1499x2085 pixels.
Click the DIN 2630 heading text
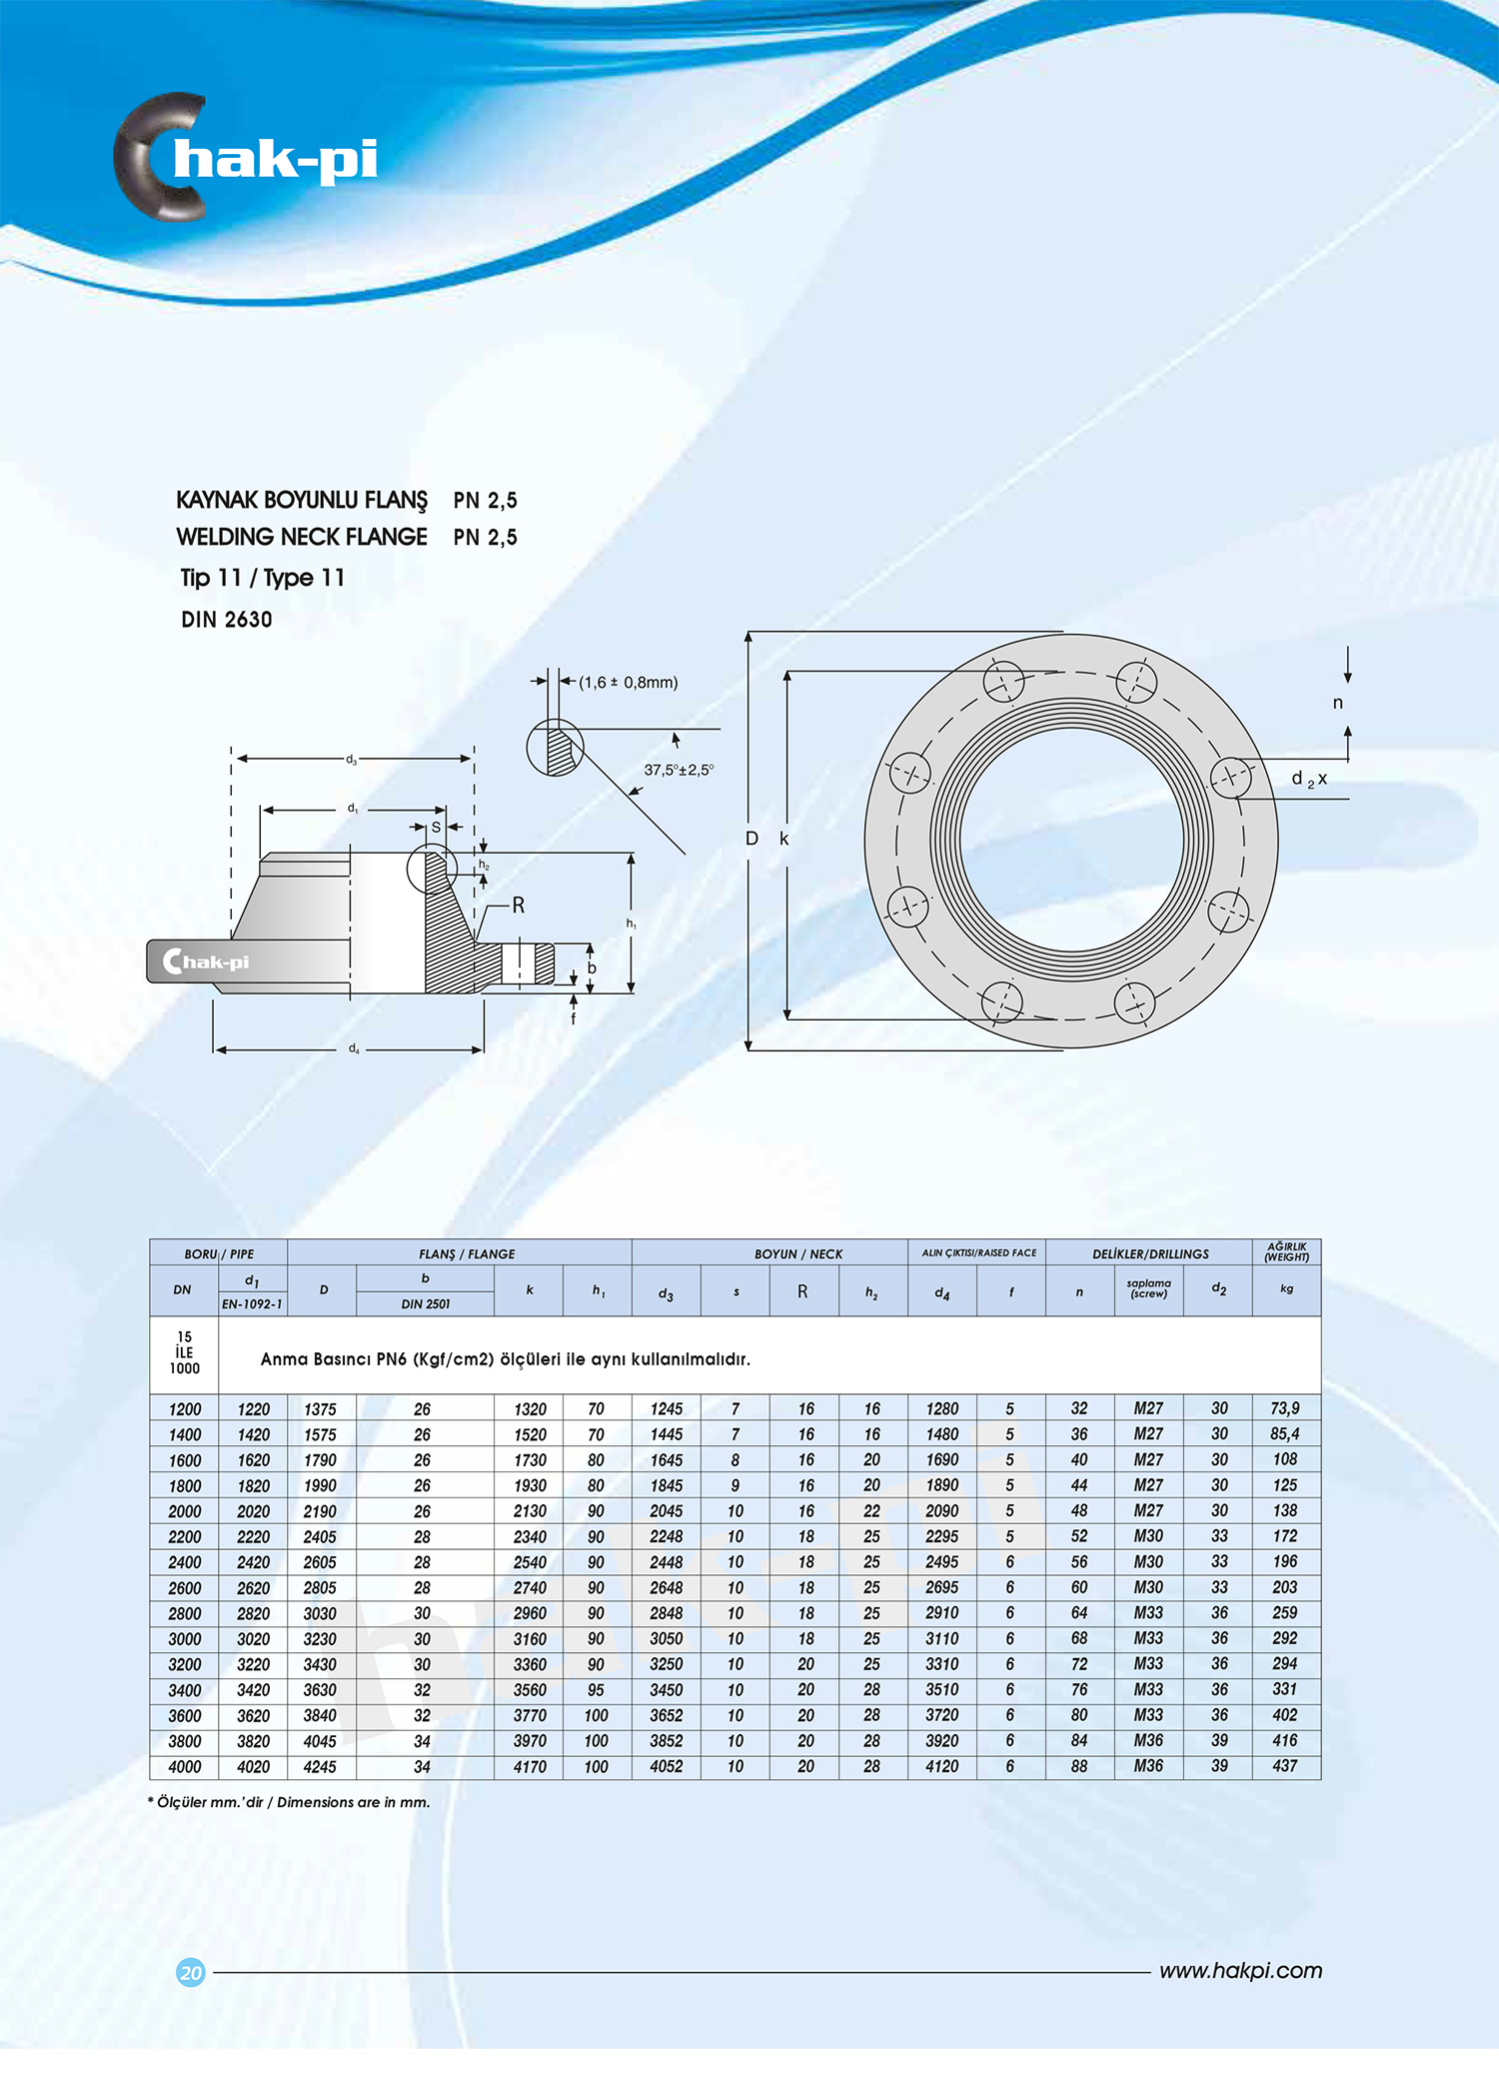coord(227,620)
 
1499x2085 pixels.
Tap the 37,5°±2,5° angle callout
coord(679,770)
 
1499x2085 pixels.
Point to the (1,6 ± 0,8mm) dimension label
coord(628,683)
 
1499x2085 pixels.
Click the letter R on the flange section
coord(518,906)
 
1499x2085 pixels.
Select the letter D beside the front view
coord(751,839)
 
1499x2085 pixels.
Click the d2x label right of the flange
coord(1309,779)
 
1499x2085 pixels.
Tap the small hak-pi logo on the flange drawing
coord(207,962)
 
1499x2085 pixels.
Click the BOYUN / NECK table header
coord(797,1253)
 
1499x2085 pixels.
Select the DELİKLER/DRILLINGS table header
coord(1149,1253)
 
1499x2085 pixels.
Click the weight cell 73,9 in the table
coord(1285,1408)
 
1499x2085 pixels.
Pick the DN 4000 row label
coord(185,1766)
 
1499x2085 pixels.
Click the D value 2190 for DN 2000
coord(320,1511)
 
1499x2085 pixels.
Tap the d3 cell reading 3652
coord(666,1715)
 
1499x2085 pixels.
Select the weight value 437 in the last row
coord(1285,1766)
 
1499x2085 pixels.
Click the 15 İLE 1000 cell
coord(184,1353)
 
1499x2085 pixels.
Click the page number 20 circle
coord(190,1972)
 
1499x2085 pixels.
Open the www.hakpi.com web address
coord(1240,1971)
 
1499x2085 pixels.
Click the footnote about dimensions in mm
coord(290,1802)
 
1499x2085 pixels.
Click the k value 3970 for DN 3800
coord(530,1741)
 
